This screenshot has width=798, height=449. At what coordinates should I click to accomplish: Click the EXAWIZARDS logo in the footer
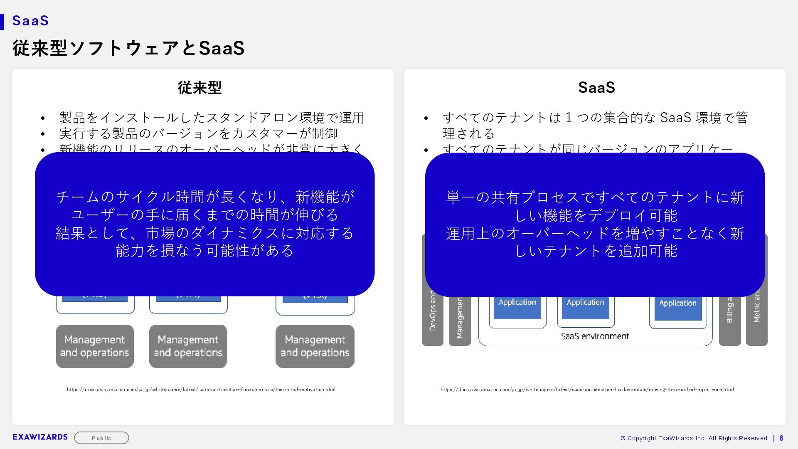pos(40,437)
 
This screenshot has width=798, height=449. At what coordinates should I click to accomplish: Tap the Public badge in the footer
pos(101,438)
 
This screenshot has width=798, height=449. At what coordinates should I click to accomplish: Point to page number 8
pos(781,438)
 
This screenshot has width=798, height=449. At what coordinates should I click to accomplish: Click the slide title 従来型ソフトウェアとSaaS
pos(128,48)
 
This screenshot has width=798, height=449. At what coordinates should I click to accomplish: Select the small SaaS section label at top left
pos(31,20)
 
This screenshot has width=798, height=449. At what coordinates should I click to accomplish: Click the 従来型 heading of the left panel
pos(199,87)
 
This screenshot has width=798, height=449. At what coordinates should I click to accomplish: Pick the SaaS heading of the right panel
pos(596,87)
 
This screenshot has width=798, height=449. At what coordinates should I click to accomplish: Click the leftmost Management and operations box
pos(95,346)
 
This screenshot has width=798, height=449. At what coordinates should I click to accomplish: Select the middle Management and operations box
pos(188,346)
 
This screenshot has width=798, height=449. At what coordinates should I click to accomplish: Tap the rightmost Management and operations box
pos(315,346)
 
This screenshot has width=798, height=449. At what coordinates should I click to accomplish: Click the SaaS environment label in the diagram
pos(595,336)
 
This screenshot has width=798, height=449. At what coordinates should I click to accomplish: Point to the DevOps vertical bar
pos(433,316)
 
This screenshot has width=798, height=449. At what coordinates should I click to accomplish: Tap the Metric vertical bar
pos(756,316)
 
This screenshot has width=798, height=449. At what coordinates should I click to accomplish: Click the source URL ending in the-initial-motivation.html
pos(201,390)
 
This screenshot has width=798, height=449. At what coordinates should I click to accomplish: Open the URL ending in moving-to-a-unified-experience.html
pos(587,390)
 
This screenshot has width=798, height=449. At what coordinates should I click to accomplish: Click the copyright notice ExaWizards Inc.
pos(694,438)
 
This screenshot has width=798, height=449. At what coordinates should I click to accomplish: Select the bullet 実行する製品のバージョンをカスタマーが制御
pos(199,133)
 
